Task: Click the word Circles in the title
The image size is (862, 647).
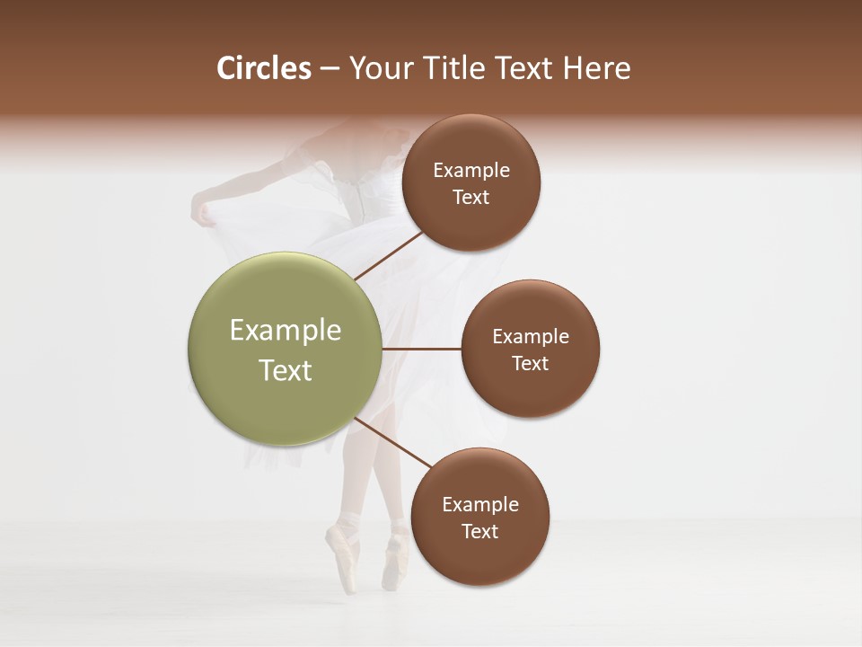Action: pos(264,68)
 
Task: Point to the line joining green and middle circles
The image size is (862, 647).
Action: pos(422,349)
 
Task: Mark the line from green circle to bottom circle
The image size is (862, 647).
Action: pos(392,443)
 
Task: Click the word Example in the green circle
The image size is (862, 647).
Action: pos(286,331)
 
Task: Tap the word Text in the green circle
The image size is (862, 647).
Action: pos(286,370)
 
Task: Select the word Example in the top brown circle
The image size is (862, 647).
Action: pos(471,171)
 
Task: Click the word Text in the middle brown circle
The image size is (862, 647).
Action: pos(530,363)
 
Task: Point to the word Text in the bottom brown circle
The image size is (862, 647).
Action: pos(479,531)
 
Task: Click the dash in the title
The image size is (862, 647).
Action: pos(330,68)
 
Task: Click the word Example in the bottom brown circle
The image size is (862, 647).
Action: pos(480,504)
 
